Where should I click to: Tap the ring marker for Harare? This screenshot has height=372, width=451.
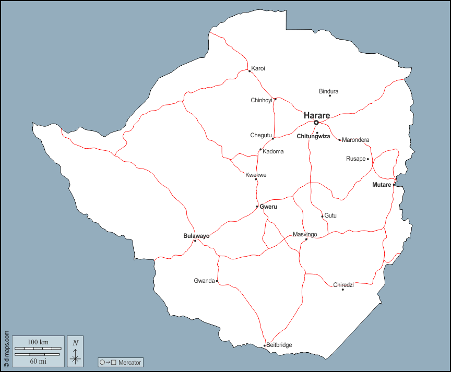point(316,123)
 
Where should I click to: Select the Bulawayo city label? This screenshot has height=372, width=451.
point(196,236)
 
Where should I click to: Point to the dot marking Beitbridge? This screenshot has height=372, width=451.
point(265,345)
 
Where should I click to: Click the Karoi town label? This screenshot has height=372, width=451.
point(258,68)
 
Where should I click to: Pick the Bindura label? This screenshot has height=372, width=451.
point(329,91)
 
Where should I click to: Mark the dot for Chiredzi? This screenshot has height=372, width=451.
point(342,290)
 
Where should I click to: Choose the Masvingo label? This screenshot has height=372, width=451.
point(305,234)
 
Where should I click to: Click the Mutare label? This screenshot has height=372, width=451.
point(382,185)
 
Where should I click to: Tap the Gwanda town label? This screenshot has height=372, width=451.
point(204,281)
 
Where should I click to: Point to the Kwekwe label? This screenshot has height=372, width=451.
point(256,175)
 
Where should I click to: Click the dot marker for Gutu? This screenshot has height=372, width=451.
point(322,216)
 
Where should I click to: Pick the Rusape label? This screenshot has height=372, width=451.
point(355,159)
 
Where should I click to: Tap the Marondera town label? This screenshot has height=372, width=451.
point(355,140)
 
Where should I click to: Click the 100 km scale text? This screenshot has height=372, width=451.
point(38,342)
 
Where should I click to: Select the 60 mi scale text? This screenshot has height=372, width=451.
point(38,361)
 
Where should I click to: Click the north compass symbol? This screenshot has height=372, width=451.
point(76,351)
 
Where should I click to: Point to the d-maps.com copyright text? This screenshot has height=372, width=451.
point(6,349)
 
